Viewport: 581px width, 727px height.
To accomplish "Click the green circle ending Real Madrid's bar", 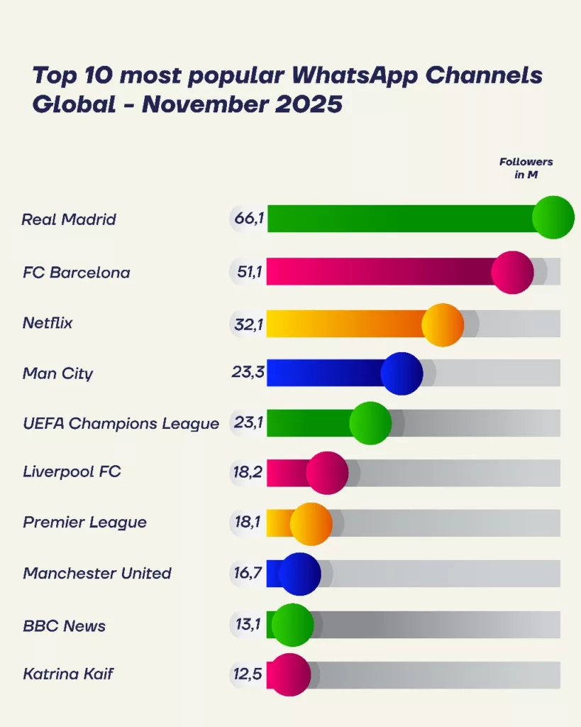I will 553,218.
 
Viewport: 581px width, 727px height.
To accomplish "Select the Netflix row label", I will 48,324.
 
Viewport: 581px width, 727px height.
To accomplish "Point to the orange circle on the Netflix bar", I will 443,325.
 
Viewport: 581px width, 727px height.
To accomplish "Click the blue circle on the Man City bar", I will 402,373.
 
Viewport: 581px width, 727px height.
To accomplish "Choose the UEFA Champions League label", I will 121,424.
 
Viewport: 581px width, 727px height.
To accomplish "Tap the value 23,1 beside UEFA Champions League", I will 248,423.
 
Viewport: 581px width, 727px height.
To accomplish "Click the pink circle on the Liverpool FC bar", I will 327,473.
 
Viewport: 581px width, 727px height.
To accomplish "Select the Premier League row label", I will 84,523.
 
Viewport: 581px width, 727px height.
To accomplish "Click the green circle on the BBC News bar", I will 292,625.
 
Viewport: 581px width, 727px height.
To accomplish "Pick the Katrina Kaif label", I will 67,674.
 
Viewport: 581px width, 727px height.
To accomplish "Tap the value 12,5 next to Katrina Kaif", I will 248,674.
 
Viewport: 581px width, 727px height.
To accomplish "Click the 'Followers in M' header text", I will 526,168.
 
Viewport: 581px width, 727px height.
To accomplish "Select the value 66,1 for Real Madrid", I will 249,219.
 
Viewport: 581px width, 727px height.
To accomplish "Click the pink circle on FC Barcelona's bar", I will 512,273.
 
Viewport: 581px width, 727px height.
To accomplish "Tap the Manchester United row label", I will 96,573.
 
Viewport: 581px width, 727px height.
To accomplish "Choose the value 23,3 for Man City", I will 248,373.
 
